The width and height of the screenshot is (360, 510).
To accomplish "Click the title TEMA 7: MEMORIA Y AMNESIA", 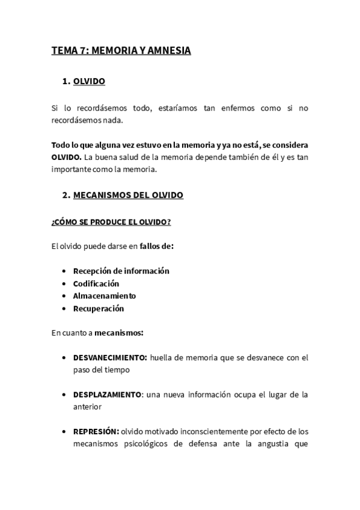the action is tap(121, 51).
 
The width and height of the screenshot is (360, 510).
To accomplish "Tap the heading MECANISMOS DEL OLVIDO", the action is tap(128, 195).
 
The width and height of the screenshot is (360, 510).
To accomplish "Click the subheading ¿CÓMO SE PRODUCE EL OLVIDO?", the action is tap(111, 223).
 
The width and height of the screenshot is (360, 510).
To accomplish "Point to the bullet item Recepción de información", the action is tap(121, 271).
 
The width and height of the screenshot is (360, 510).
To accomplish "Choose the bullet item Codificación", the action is tap(96, 283).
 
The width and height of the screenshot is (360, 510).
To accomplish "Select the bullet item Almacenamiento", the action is tap(105, 296).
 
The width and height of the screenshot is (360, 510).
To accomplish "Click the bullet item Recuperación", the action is tap(99, 309).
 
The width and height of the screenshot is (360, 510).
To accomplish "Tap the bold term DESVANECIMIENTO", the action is tap(110, 357).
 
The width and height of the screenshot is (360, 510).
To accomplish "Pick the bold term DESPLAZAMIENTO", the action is tap(108, 395).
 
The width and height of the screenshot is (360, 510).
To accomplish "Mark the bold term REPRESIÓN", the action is tap(96, 432).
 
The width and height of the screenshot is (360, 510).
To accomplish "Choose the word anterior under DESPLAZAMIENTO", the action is tap(87, 407).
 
